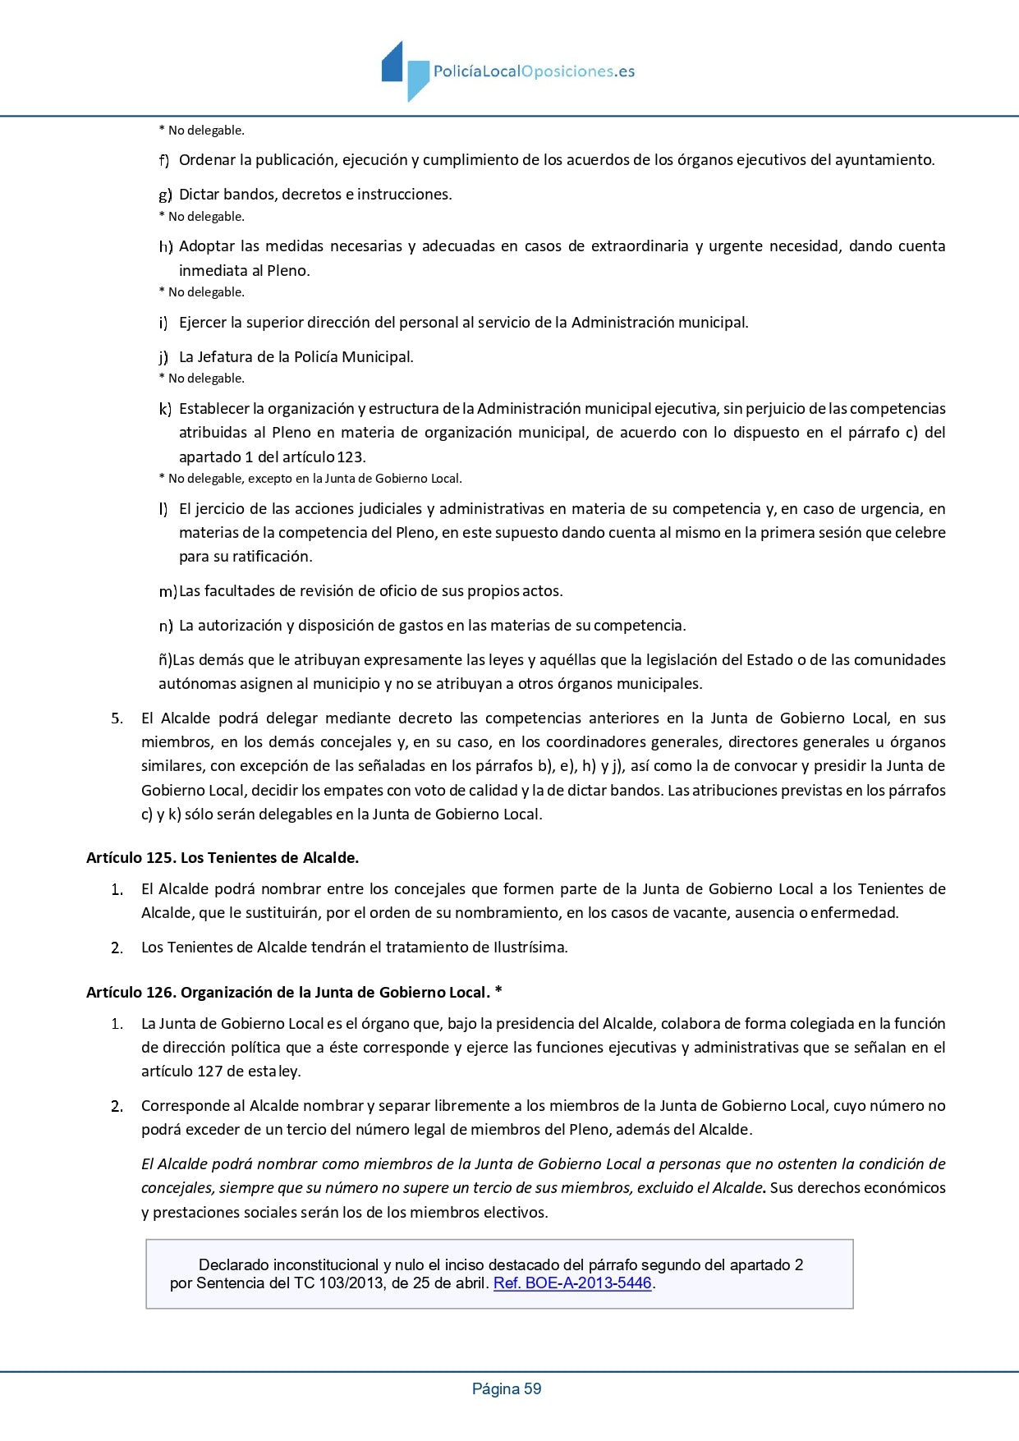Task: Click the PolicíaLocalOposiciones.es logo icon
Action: [405, 71]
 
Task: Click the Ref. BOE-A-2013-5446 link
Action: [572, 1283]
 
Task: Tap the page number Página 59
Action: [507, 1389]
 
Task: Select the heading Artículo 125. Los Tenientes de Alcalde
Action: [223, 858]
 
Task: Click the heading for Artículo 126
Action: [294, 993]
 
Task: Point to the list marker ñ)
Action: [165, 660]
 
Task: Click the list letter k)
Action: [165, 409]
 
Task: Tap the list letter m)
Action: [168, 591]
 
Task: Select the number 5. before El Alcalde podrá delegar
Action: [117, 718]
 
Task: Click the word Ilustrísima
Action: [530, 948]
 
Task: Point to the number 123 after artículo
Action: [351, 457]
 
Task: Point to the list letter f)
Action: [164, 160]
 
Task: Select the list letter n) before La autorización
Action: [165, 626]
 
